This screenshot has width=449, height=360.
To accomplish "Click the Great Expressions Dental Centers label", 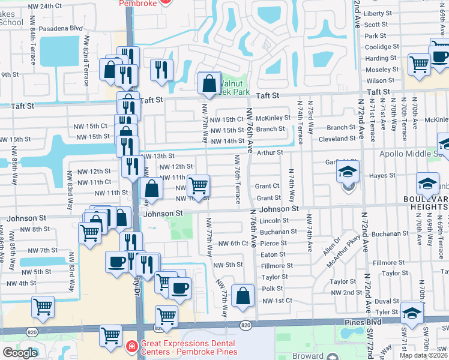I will click(189, 347).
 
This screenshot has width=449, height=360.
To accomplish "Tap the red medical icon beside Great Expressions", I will click(132, 347).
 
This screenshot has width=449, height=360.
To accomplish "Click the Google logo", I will click(20, 353).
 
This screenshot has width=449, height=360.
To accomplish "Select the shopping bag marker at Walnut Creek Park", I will click(209, 84).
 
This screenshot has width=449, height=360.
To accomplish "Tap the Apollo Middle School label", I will click(414, 153).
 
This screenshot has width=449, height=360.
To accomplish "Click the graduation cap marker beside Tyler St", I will click(412, 314).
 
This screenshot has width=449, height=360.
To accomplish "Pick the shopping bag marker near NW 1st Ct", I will click(243, 296).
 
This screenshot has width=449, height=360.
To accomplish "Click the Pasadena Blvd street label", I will click(61, 28).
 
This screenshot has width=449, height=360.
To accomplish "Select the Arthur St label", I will click(270, 152).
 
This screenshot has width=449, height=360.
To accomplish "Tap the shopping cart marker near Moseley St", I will click(419, 64).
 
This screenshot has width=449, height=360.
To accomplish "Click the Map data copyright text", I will click(423, 355).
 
